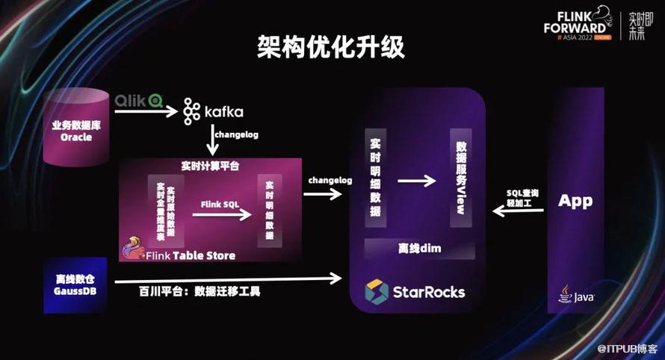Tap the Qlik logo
point(138,99)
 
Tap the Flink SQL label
point(220,203)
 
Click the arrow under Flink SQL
point(221,215)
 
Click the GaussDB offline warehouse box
point(75,284)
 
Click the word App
point(575,201)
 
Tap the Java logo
point(576,295)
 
